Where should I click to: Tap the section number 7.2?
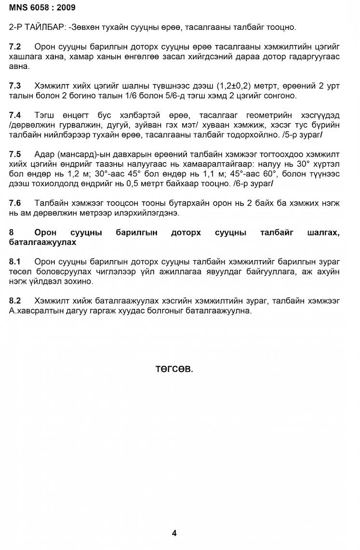coord(15,47)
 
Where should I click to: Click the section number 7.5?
coord(15,154)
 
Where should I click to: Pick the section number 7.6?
coord(15,203)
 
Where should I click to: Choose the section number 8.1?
coord(15,262)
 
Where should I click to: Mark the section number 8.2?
coord(15,301)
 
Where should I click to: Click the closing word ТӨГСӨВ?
coord(174,369)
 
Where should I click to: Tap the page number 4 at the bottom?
coord(174,533)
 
